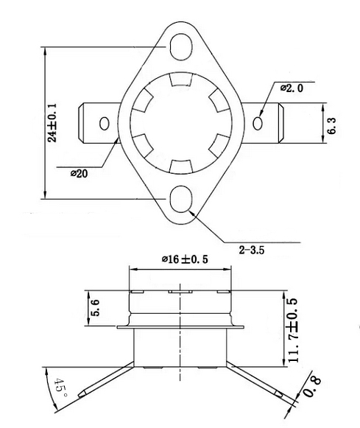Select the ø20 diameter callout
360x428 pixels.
tap(81, 173)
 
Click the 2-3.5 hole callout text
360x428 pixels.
tap(251, 250)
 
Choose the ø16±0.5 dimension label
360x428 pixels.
tap(184, 260)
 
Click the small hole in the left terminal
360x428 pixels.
tap(105, 123)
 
